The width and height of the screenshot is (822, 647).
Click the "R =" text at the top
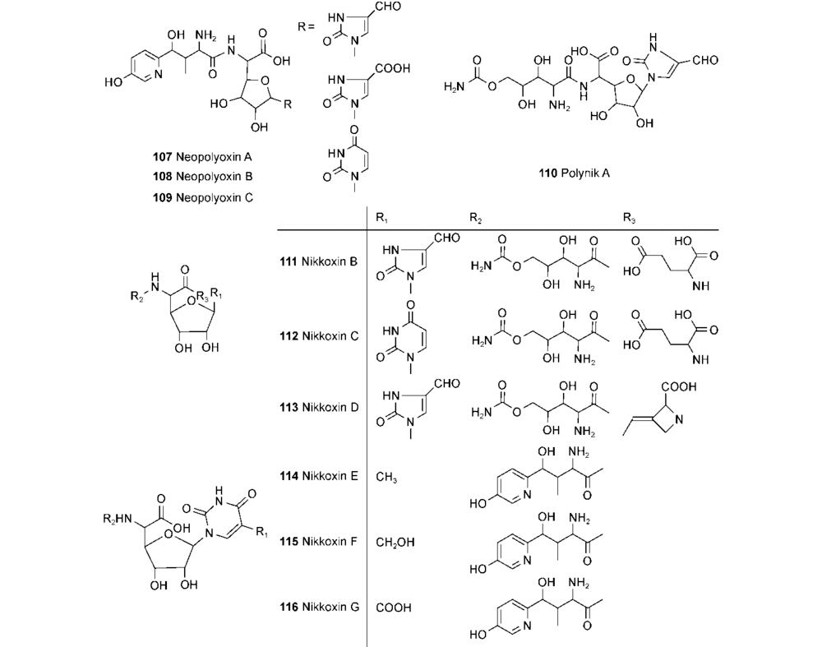(307, 27)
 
